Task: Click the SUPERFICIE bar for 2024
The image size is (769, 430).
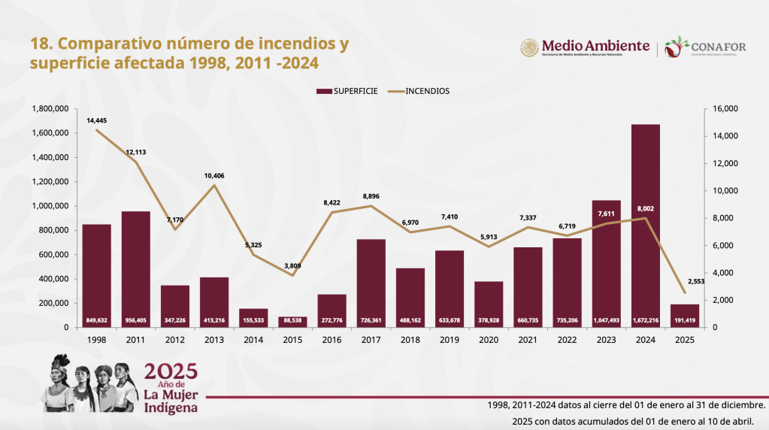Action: point(646,226)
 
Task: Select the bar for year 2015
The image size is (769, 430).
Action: point(292,322)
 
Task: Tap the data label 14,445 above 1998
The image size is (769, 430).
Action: point(97,120)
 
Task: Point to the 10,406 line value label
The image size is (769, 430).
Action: point(214,175)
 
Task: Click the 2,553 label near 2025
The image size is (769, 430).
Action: point(696,281)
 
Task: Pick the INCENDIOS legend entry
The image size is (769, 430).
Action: point(419,91)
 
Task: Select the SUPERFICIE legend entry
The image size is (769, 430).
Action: point(347,91)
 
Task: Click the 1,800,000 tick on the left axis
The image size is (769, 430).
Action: point(50,109)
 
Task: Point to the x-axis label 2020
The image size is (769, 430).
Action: point(489,340)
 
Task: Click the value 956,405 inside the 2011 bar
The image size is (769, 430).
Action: point(136,321)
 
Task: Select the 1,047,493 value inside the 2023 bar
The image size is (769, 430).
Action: point(606,321)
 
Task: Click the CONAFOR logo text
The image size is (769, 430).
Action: point(719,47)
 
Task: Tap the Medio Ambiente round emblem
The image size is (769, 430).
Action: point(530,47)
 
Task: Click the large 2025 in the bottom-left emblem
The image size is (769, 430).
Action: point(171,371)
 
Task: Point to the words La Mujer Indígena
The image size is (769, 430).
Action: point(171,401)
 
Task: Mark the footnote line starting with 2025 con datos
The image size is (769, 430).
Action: point(633,421)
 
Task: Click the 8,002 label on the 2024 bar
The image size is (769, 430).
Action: point(646,209)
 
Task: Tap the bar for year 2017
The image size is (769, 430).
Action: point(371,283)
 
